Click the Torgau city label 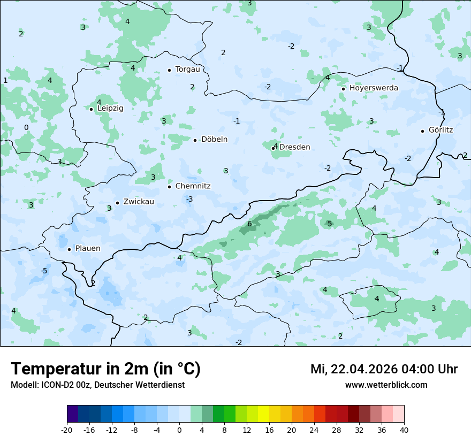coord(187,70)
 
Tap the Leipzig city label coord(110,108)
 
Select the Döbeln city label coord(214,140)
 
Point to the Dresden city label coord(294,147)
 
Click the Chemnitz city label coord(193,186)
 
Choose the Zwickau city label coord(139,202)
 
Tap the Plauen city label coord(87,249)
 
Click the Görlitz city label coord(440,130)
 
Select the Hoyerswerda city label coord(374,88)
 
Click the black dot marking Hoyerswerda coord(344,89)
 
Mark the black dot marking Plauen coord(70,249)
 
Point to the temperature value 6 coord(249,224)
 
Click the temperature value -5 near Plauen coord(44,271)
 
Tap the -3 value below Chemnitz coord(189,199)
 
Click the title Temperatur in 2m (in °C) coord(105,369)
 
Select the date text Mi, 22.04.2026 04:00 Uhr coord(384,369)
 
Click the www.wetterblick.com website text coord(386,385)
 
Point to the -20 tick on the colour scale coord(67,430)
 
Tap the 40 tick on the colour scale coord(404,430)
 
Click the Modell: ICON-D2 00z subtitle coord(97,385)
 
